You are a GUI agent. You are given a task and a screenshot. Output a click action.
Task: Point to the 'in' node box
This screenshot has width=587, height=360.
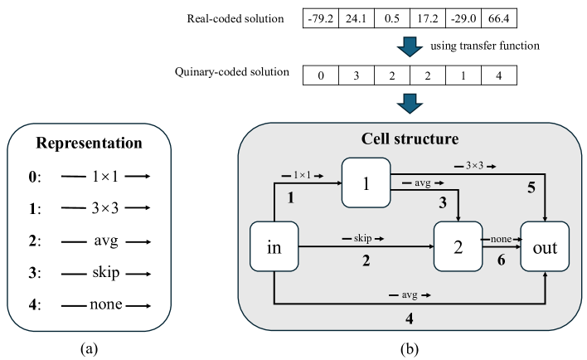point(274,246)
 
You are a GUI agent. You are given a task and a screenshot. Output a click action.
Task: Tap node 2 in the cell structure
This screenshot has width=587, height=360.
point(458,246)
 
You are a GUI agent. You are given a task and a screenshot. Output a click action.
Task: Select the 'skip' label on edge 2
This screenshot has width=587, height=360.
point(362,238)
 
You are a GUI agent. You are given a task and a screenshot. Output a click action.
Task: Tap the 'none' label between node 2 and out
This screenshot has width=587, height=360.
point(500,238)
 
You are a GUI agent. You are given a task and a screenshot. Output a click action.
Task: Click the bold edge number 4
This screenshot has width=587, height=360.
point(409,317)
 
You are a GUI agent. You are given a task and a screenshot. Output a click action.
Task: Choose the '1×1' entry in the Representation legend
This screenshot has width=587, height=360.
point(105,177)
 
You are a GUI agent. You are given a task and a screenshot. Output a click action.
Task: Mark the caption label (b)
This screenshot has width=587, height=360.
point(409,349)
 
